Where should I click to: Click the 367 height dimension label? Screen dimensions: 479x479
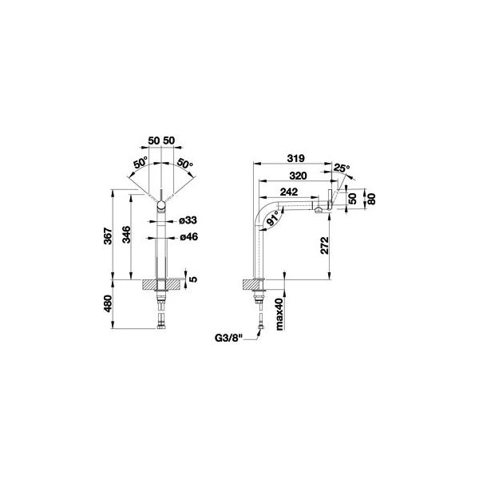pos(108,236)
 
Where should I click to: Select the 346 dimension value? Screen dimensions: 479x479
pos(126,235)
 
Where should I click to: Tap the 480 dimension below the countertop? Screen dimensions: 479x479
pos(108,303)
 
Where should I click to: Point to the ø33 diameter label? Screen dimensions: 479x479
pos(188,220)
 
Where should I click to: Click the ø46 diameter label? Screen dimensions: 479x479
pos(188,236)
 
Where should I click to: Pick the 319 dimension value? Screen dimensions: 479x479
pos(295,158)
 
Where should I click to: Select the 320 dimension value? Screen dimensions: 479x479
pos(298,176)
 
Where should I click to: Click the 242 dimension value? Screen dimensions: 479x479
pos(289,192)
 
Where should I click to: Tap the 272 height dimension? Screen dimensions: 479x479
pos(325,245)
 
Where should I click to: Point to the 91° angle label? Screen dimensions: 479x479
pos(274,218)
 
